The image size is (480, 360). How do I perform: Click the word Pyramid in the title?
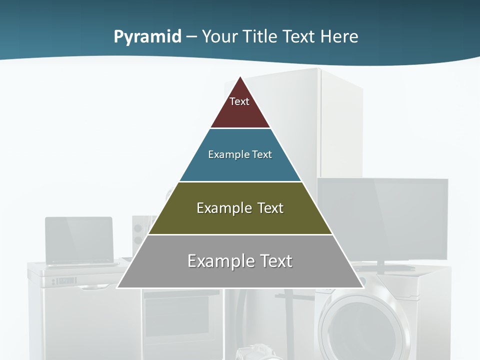pyautogui.click(x=147, y=37)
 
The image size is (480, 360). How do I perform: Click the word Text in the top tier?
pyautogui.click(x=239, y=101)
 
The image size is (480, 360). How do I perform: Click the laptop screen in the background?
pyautogui.click(x=79, y=239)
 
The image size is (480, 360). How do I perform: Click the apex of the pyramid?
pyautogui.click(x=240, y=78)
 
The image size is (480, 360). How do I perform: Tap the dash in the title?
pyautogui.click(x=191, y=37)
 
